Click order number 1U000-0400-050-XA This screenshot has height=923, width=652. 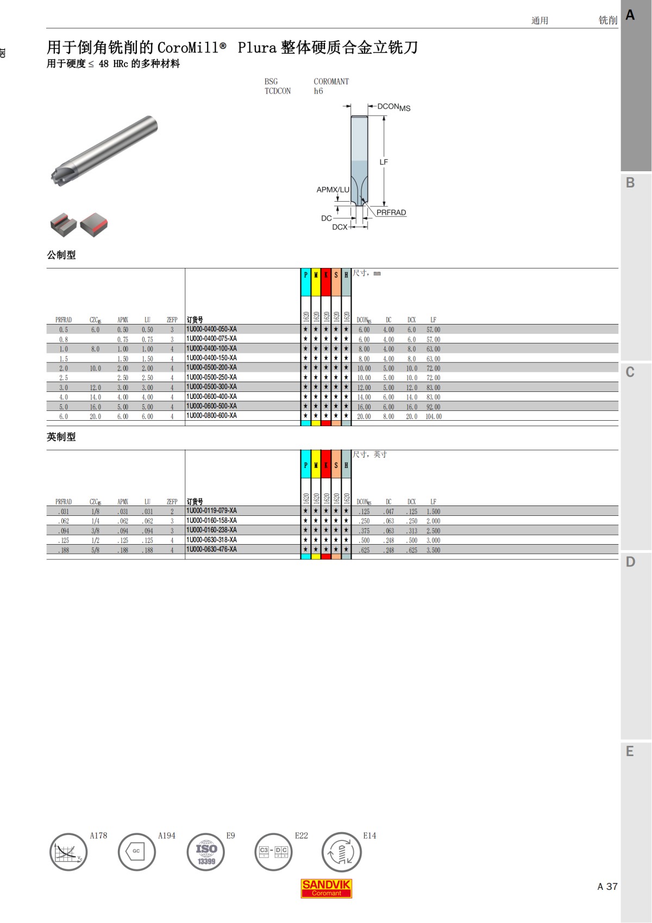pyautogui.click(x=211, y=329)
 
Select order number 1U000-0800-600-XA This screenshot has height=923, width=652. pyautogui.click(x=211, y=416)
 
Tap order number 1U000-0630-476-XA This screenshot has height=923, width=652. pyautogui.click(x=211, y=550)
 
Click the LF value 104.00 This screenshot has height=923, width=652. pyautogui.click(x=434, y=416)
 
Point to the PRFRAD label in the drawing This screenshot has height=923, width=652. pyautogui.click(x=391, y=213)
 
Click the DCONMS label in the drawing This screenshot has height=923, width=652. pyautogui.click(x=393, y=107)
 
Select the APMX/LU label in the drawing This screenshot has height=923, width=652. pyautogui.click(x=333, y=190)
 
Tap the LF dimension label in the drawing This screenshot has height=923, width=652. pyautogui.click(x=384, y=162)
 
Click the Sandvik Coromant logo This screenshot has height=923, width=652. pyautogui.click(x=326, y=888)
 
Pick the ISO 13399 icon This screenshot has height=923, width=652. pyautogui.click(x=206, y=852)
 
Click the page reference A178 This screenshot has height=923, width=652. pyautogui.click(x=98, y=835)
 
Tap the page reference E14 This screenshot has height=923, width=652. pyautogui.click(x=369, y=835)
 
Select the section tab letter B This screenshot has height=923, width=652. pyautogui.click(x=630, y=183)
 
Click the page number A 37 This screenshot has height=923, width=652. pyautogui.click(x=607, y=887)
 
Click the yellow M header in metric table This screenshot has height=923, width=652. pyautogui.click(x=316, y=275)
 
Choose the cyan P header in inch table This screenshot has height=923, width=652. pyautogui.click(x=305, y=465)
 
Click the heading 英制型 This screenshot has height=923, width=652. pyautogui.click(x=61, y=437)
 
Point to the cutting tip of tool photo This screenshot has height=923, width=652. pyautogui.click(x=57, y=177)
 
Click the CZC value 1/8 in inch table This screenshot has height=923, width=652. pyautogui.click(x=95, y=512)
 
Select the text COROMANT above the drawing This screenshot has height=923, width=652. pyautogui.click(x=331, y=82)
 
